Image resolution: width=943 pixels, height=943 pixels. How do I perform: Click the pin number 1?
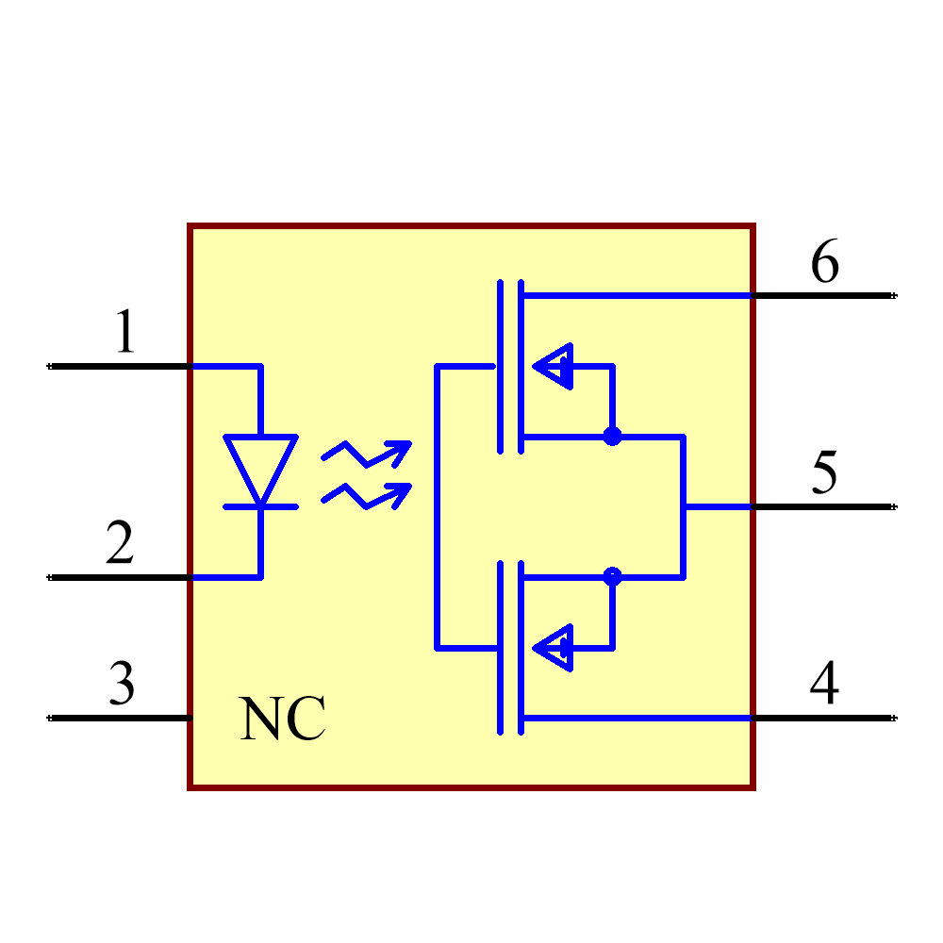click(x=124, y=333)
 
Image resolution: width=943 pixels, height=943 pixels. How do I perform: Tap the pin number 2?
click(x=120, y=543)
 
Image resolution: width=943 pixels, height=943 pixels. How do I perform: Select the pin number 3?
click(x=122, y=684)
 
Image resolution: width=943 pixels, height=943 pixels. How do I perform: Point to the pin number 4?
click(x=824, y=683)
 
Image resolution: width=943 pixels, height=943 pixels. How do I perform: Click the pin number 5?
click(x=824, y=472)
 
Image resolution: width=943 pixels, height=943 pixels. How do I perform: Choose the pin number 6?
click(x=824, y=262)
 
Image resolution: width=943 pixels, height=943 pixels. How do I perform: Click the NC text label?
click(x=282, y=720)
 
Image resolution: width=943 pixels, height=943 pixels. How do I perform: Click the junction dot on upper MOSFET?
click(x=613, y=437)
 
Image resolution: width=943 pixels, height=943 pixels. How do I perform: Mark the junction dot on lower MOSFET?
click(x=613, y=576)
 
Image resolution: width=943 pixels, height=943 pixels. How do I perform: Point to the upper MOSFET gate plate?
click(x=500, y=366)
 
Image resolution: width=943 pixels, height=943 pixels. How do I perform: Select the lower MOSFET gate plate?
click(x=500, y=648)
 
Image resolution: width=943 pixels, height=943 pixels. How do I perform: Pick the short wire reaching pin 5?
click(x=718, y=507)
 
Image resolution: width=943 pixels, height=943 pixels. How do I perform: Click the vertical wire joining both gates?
click(x=437, y=507)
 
